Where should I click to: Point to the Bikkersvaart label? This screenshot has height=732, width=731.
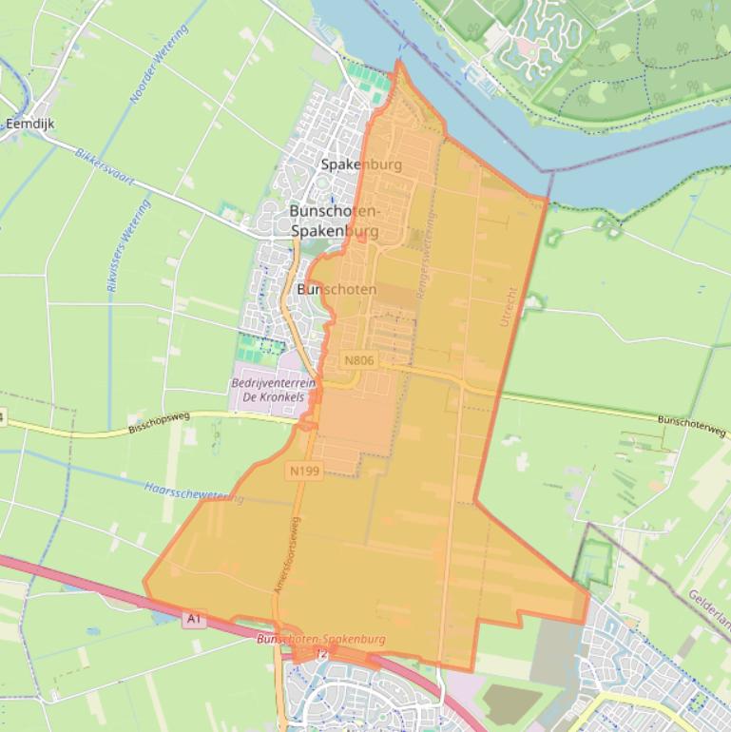coord(105,165)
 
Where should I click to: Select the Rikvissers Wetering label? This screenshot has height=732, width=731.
coord(128,244)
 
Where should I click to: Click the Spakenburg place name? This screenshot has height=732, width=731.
coord(361,164)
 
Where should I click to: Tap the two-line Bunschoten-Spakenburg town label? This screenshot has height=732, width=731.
coord(334,221)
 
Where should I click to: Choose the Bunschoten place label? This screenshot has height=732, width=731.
coord(337,289)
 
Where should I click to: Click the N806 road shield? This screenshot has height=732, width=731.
coord(359,360)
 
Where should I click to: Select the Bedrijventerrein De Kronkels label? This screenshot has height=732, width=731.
coord(273,390)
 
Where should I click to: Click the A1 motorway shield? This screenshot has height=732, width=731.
coord(194,619)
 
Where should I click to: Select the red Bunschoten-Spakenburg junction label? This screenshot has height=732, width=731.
coord(321,640)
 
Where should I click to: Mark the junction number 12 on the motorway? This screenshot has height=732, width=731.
coord(321,654)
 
